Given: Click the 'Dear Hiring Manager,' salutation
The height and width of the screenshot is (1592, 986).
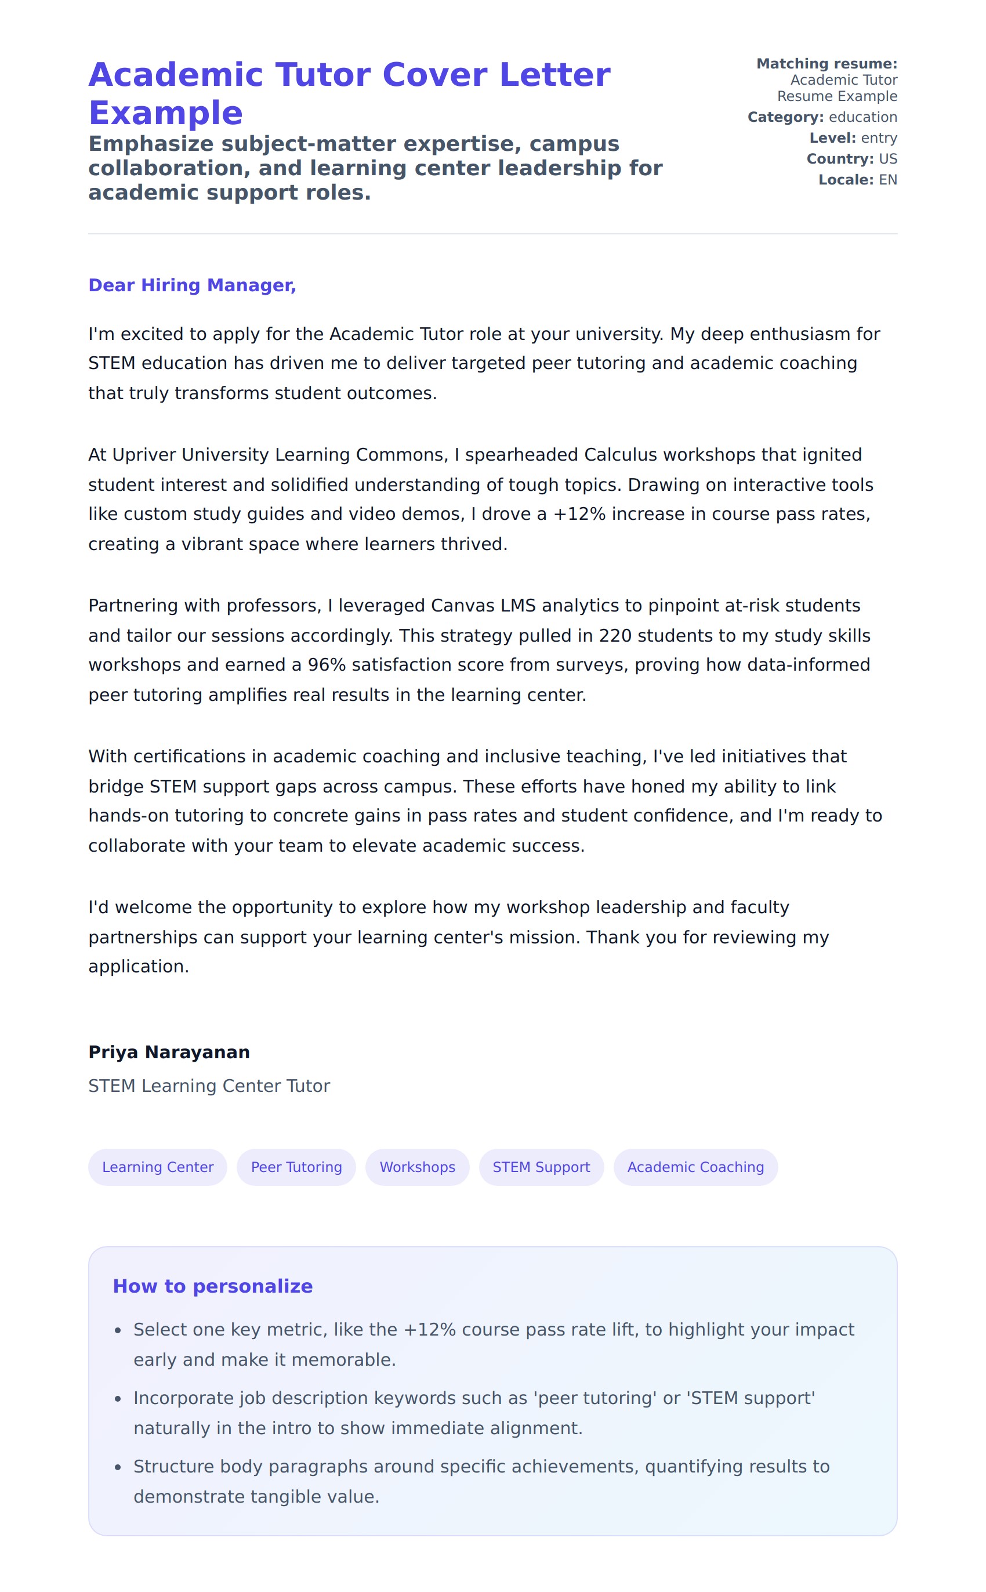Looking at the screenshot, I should [x=192, y=285].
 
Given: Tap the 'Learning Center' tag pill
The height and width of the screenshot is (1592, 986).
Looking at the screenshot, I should [x=158, y=1167].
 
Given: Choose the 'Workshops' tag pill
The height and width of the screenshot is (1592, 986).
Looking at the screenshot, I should [x=418, y=1167].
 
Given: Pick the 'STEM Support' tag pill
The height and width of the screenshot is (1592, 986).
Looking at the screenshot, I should [x=541, y=1167].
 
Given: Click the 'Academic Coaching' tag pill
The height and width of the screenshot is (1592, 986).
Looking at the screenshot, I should [x=695, y=1167].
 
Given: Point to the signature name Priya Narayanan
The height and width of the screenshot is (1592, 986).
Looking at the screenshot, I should [x=169, y=1052].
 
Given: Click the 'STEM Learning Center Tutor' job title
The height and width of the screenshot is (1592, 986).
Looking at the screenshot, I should [x=209, y=1086].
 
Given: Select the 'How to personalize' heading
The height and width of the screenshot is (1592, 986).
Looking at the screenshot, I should [x=213, y=1286].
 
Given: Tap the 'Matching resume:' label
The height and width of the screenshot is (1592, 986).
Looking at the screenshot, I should [x=826, y=64].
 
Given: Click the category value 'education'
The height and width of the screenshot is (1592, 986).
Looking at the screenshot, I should [x=863, y=117].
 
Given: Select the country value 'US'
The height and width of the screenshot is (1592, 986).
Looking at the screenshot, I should [x=887, y=159].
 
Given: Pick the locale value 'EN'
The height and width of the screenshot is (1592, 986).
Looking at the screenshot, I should [x=887, y=180].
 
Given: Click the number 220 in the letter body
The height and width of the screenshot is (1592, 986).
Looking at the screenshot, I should [x=615, y=635].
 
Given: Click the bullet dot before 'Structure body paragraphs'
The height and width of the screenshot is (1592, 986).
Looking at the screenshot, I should [x=117, y=1467].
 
